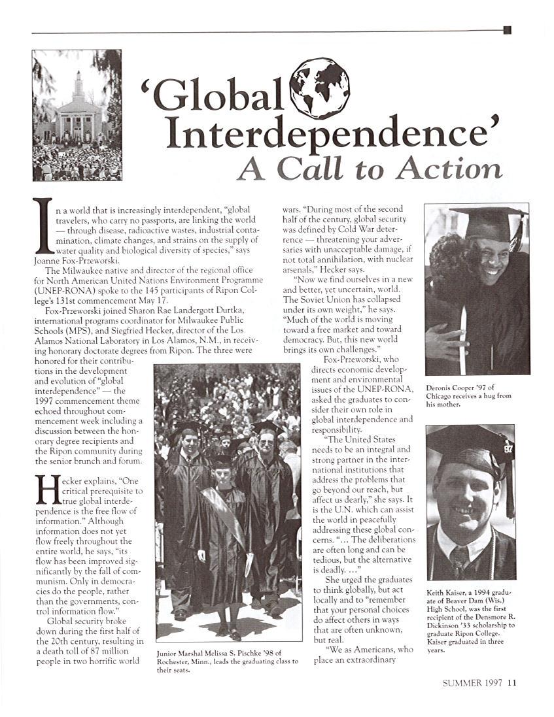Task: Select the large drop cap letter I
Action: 43,226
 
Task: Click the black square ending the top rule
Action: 507,30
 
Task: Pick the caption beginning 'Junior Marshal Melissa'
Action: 227,656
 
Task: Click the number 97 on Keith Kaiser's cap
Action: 508,449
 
